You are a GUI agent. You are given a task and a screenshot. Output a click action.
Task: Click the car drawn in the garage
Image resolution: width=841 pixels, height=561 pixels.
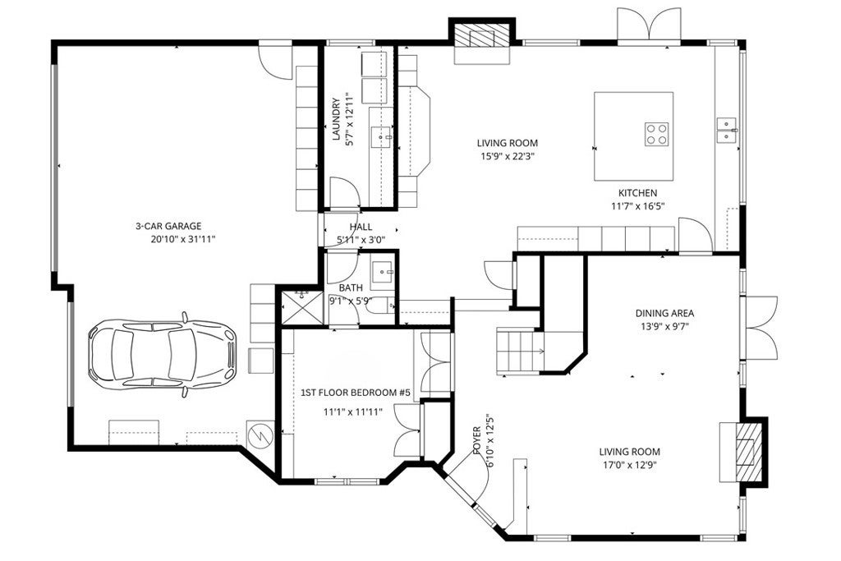[x=162, y=355]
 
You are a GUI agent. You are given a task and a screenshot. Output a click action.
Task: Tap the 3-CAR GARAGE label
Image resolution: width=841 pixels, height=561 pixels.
[x=168, y=227]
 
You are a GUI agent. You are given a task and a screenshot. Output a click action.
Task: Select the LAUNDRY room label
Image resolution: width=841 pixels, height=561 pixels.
[x=336, y=119]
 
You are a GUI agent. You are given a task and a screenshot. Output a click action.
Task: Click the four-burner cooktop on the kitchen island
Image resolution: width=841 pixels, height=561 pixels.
[x=656, y=134]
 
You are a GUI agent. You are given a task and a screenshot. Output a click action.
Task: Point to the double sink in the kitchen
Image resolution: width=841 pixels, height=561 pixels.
[x=727, y=130]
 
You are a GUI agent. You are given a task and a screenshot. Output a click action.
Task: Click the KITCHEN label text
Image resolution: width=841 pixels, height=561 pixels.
[x=637, y=193]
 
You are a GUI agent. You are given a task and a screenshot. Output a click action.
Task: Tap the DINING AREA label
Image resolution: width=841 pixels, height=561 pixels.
[x=664, y=313]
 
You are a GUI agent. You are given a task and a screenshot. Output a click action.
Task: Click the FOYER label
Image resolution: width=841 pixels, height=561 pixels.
[x=477, y=440]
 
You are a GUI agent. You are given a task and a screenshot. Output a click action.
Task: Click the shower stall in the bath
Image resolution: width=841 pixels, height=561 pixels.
[x=303, y=307]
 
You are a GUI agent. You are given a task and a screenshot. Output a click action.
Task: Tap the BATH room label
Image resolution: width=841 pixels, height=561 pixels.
[x=351, y=288]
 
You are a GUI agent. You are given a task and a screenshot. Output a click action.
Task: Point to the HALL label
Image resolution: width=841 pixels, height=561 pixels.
[x=361, y=227]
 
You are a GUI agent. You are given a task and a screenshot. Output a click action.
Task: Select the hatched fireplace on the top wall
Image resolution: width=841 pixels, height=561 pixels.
[x=481, y=36]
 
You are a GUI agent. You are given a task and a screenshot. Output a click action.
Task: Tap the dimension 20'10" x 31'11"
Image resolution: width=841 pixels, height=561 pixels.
[x=183, y=240]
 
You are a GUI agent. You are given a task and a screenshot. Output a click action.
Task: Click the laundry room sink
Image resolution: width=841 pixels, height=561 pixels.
[x=382, y=137]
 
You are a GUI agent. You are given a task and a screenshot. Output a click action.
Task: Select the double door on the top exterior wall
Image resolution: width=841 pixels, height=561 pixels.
[x=649, y=24]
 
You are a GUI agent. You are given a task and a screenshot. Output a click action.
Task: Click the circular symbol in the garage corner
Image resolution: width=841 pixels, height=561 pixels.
[x=260, y=434]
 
